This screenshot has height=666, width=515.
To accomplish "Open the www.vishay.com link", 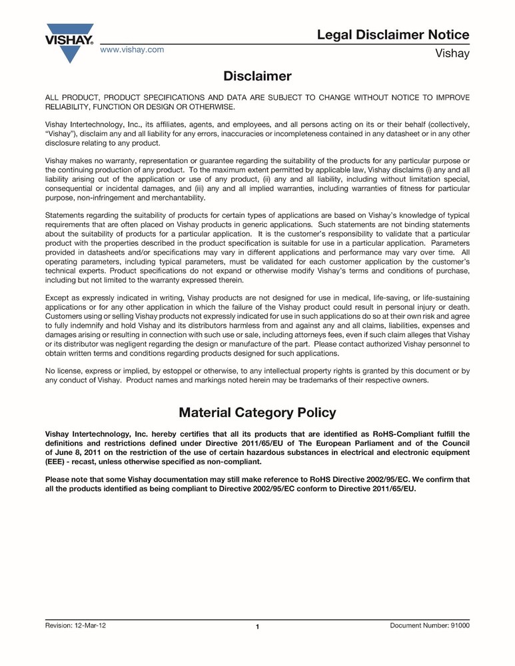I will point(132,50).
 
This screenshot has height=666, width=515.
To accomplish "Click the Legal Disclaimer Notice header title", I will point(393,35).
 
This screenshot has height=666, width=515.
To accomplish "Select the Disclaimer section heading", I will point(257,77).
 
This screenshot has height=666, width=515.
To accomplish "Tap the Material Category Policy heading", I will point(257,413).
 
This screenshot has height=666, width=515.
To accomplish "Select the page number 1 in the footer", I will point(257,627).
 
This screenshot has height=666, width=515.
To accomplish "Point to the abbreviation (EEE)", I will point(55,462).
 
